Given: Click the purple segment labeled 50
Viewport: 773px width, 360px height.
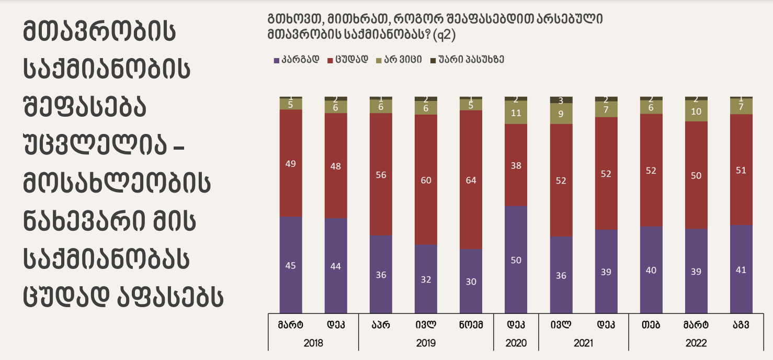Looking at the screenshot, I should click(x=516, y=260).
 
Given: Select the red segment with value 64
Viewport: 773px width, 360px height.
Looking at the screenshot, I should click(x=471, y=179).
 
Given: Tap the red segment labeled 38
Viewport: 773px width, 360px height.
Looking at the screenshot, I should click(x=516, y=165).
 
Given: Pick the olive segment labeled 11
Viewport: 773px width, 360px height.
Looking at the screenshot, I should click(x=516, y=113).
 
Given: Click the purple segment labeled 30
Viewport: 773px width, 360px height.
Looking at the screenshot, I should click(x=471, y=281).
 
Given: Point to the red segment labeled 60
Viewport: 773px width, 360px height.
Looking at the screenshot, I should click(x=426, y=179).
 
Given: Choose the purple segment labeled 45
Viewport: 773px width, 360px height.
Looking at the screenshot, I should click(x=291, y=265).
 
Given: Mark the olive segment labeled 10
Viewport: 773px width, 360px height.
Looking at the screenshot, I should click(x=696, y=111).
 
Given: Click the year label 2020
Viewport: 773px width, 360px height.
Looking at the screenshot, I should click(x=516, y=343).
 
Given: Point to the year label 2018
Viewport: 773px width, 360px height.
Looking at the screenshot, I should click(x=313, y=343).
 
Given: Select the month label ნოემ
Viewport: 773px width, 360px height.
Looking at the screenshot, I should click(x=471, y=324).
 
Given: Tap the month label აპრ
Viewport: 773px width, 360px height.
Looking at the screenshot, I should click(x=381, y=324).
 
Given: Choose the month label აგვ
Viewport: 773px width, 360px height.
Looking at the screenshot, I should click(x=741, y=324).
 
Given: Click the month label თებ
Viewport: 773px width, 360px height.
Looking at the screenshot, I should click(x=651, y=324).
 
